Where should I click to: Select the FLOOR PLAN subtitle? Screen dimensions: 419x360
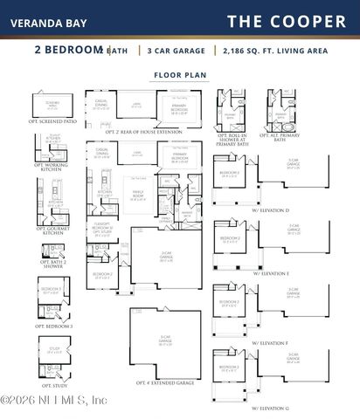(x=180, y=76)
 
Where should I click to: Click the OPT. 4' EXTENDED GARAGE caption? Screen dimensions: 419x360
(x=164, y=382)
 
